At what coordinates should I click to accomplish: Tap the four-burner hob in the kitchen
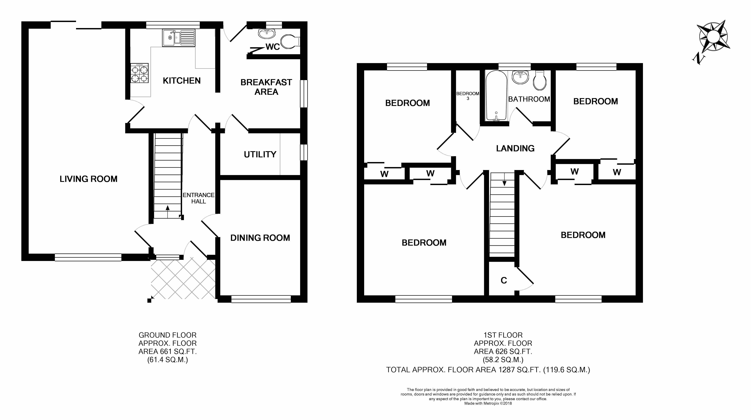tap(140, 73)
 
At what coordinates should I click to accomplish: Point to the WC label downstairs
tap(273, 47)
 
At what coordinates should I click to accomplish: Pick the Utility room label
tap(260, 154)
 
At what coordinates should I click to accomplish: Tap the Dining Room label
tap(260, 238)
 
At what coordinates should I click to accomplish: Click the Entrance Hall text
tap(199, 198)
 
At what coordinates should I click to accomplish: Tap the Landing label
tap(515, 149)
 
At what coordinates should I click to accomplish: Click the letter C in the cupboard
tap(504, 281)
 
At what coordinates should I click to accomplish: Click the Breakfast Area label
tap(266, 87)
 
